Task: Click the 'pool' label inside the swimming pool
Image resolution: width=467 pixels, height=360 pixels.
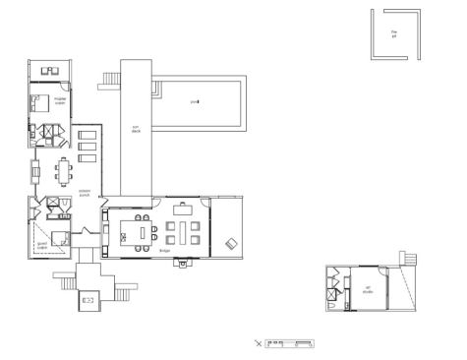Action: tap(194, 101)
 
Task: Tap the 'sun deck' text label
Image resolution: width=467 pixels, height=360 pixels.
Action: tap(137, 128)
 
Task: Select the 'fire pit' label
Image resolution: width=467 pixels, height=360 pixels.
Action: tap(393, 33)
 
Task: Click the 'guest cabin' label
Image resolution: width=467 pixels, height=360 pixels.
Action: tap(41, 245)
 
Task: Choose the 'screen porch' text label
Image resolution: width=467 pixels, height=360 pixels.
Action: tap(71, 193)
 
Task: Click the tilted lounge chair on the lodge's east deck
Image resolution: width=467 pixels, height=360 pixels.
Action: tap(231, 243)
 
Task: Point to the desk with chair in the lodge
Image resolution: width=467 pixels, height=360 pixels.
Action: tap(184, 209)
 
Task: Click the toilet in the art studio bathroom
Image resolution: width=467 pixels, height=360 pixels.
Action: tap(333, 305)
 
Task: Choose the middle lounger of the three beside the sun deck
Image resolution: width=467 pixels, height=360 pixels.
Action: tap(87, 147)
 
